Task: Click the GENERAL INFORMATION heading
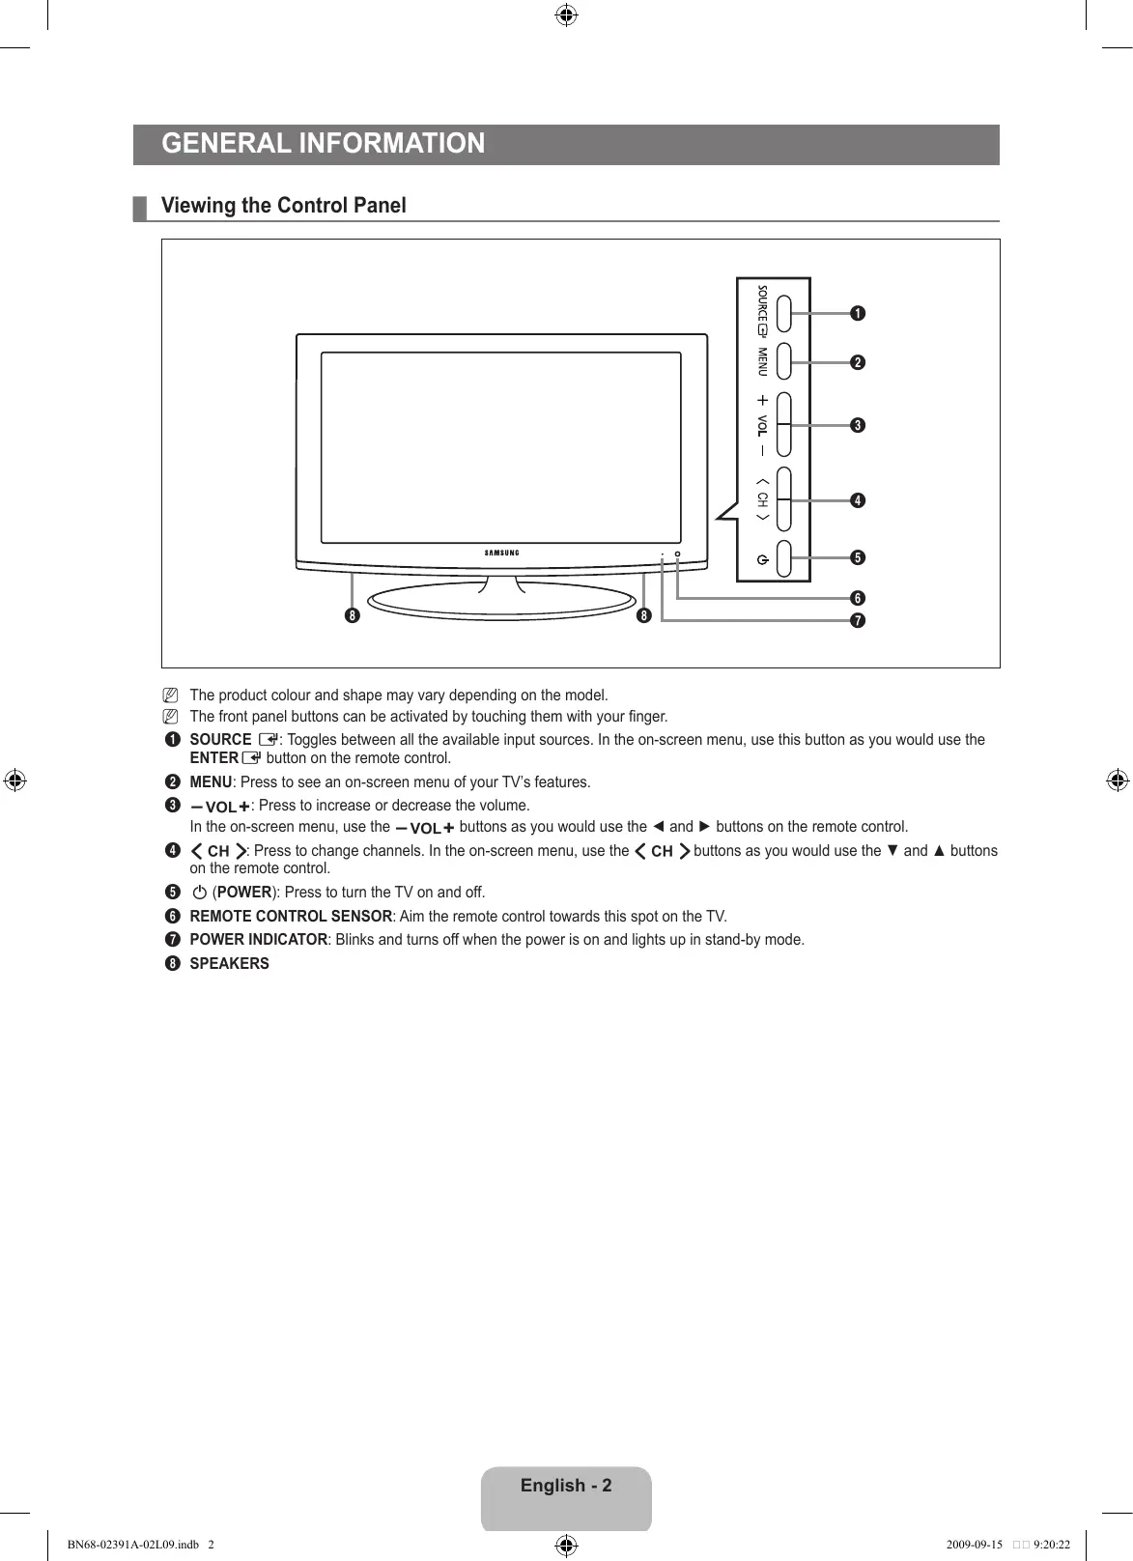point(324,144)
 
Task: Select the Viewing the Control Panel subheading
point(283,206)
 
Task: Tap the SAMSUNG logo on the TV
point(501,553)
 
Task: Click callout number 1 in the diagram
point(856,313)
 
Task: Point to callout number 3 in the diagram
point(856,425)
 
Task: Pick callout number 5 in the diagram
point(856,557)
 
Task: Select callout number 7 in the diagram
point(856,619)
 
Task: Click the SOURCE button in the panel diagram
point(783,313)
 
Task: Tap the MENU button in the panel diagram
point(783,362)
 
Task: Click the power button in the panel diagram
point(783,558)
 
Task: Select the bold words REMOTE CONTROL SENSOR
point(291,916)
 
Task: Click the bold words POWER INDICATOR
point(259,940)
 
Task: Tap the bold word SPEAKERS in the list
point(230,963)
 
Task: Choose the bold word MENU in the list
point(211,781)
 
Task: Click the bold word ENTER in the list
point(213,757)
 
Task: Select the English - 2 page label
point(566,1486)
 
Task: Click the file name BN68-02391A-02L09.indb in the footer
point(131,1544)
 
